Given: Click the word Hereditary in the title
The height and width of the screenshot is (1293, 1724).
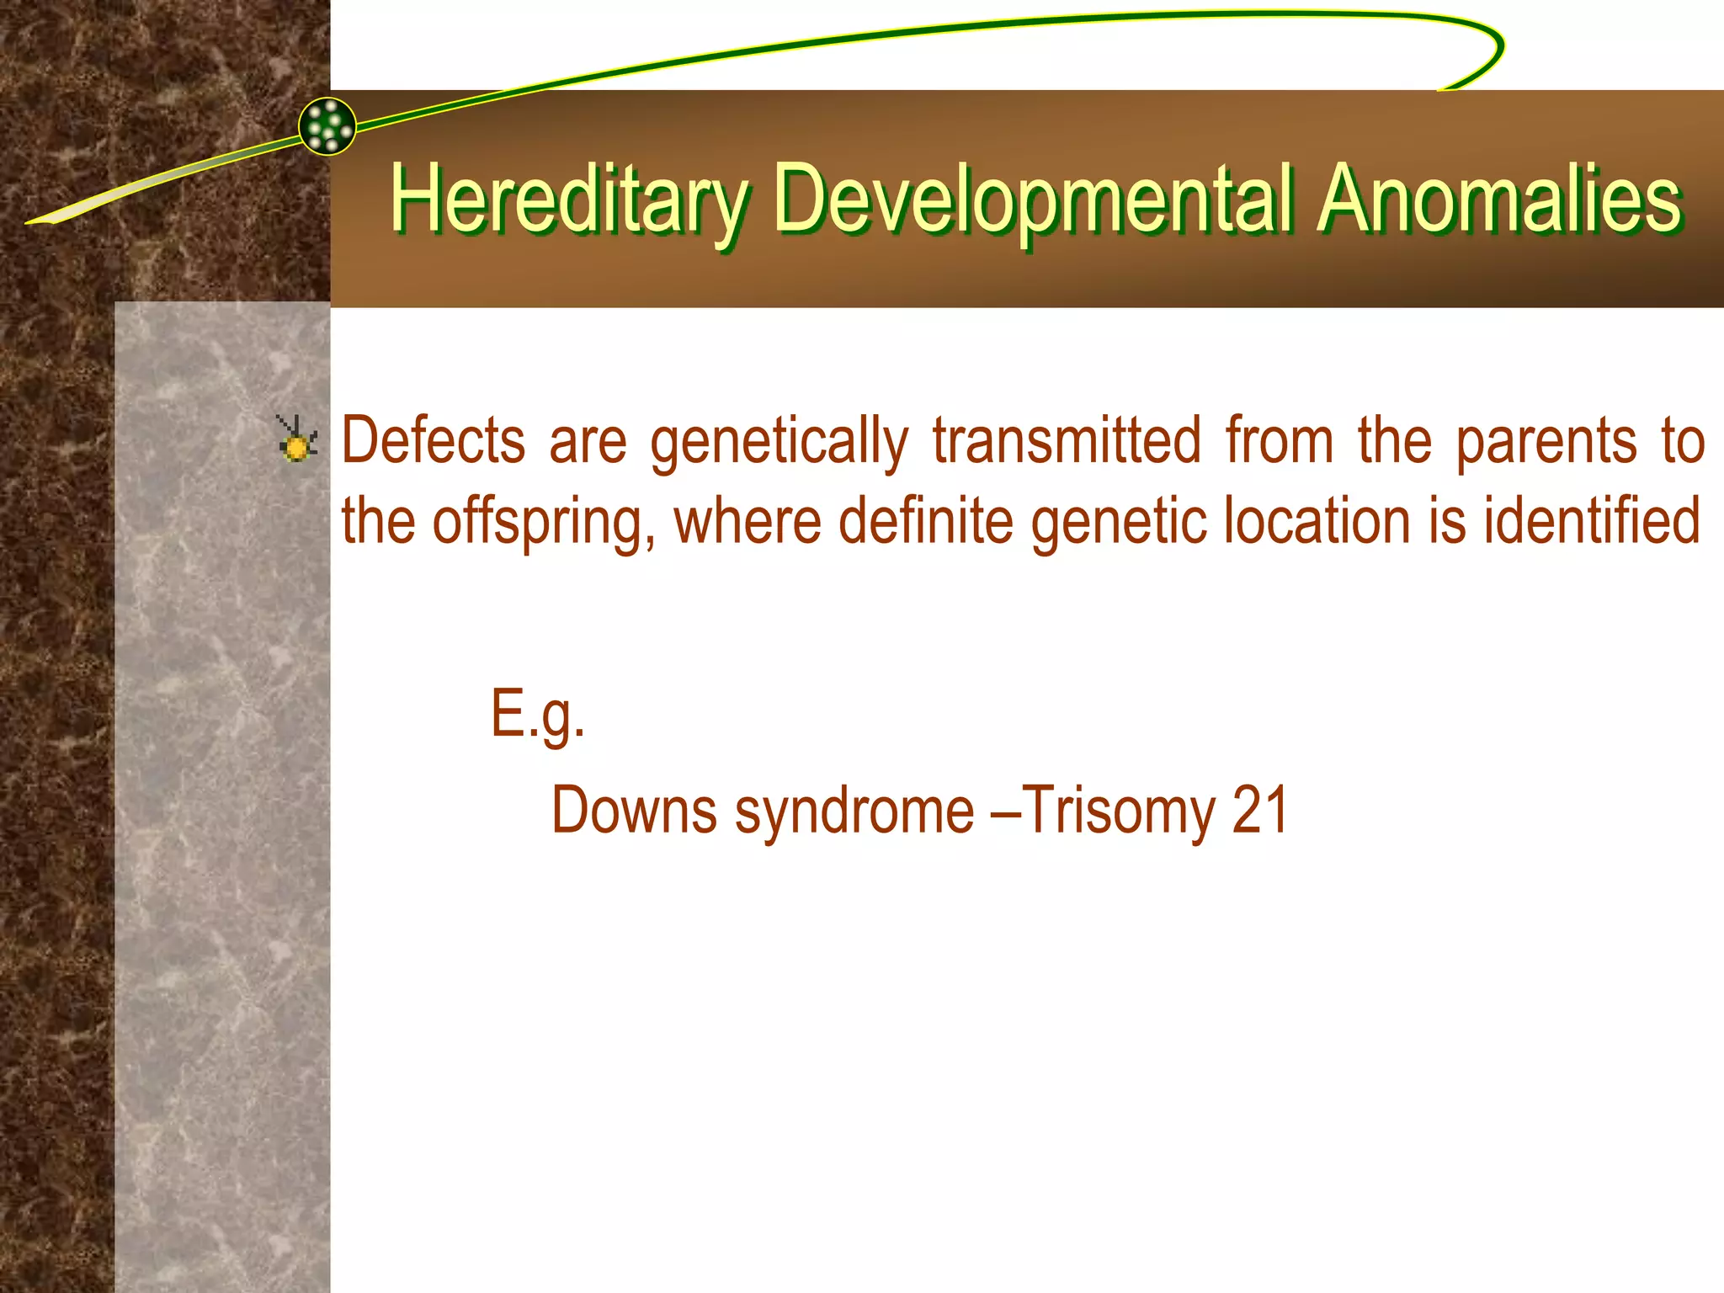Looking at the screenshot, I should click(x=569, y=200).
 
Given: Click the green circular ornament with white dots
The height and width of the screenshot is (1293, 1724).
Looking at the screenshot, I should click(x=327, y=126).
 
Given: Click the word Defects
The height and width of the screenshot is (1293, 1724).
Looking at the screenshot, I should click(x=433, y=440).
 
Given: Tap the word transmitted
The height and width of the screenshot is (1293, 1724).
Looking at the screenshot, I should click(x=1067, y=440).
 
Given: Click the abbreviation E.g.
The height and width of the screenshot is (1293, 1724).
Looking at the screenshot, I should click(x=537, y=714).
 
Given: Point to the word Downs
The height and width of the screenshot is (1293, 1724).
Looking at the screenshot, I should click(x=633, y=810).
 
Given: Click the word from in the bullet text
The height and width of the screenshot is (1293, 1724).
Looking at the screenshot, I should click(x=1279, y=440).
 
